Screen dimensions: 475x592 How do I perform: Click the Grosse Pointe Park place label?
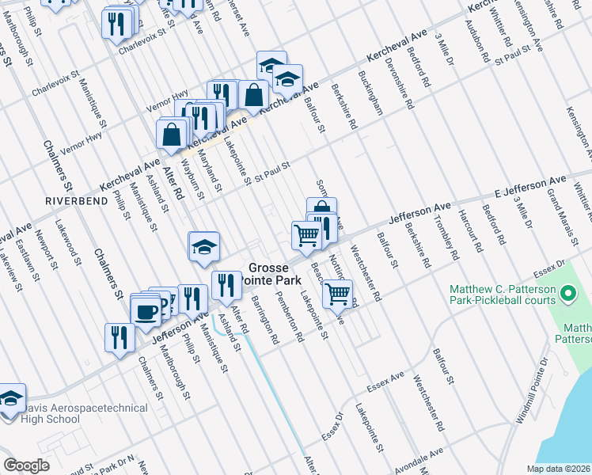pos(275,275)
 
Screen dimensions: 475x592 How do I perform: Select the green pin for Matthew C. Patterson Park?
pos(567,296)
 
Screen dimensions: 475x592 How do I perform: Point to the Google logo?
pos(26,465)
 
